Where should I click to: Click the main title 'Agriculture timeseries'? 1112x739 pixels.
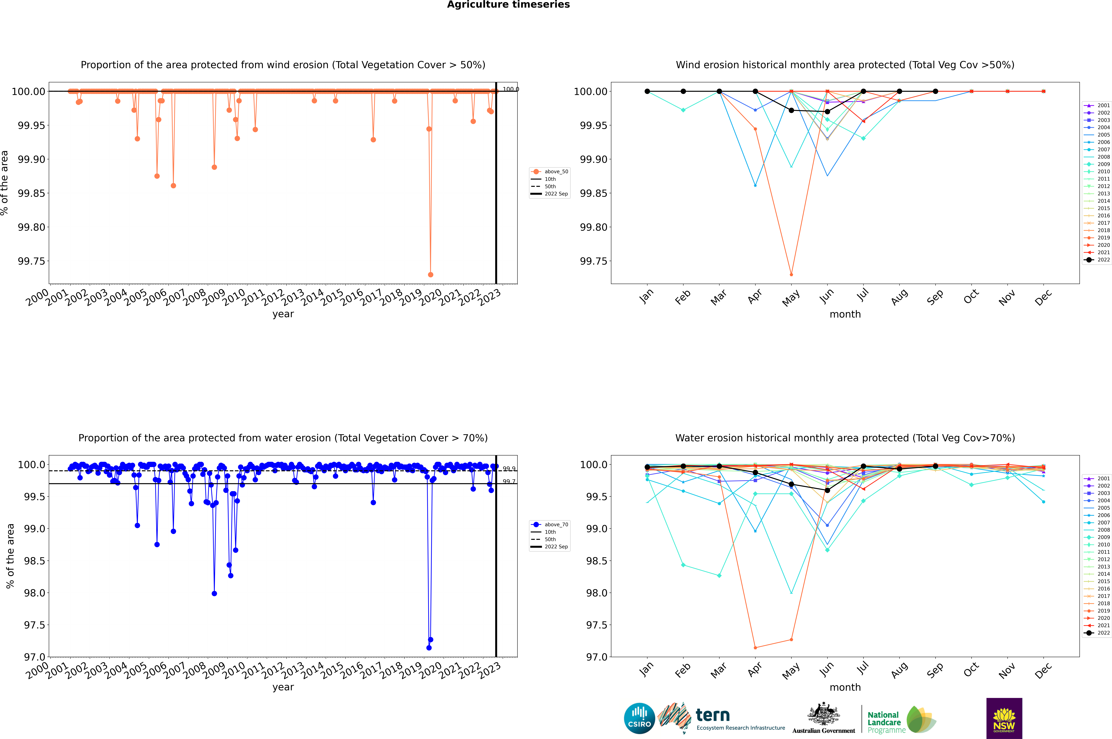[508, 5]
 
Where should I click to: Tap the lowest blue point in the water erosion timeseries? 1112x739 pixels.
[428, 648]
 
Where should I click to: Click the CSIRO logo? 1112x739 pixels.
[639, 719]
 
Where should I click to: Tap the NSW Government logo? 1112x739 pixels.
[1004, 719]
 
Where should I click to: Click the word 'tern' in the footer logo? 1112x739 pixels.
[713, 715]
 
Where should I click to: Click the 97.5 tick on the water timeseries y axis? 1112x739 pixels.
[34, 625]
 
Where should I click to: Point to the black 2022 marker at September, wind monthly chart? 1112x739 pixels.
[935, 91]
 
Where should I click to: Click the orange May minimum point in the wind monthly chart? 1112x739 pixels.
[791, 274]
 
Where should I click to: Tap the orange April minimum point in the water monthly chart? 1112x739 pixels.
[755, 648]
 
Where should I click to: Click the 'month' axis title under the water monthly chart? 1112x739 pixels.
[845, 687]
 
